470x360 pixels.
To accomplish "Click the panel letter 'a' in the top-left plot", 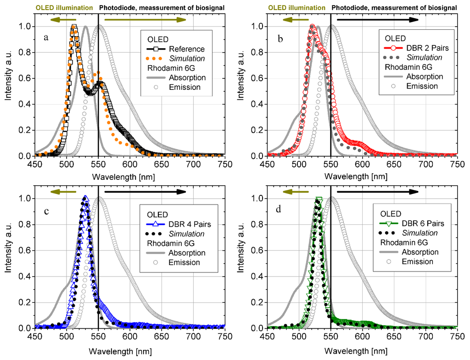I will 46,38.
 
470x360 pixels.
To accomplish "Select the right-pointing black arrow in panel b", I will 377,20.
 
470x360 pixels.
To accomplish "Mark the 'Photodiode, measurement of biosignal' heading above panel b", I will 394,7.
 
